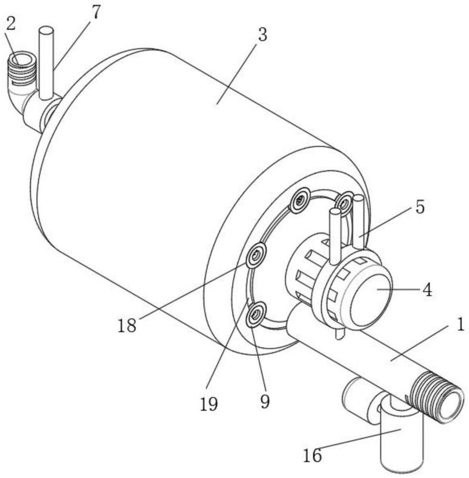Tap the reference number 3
[x=261, y=35]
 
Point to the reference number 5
[x=419, y=207]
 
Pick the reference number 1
[x=459, y=325]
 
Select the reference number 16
[x=312, y=456]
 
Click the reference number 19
[x=209, y=404]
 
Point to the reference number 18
[x=127, y=326]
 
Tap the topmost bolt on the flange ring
[x=300, y=200]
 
